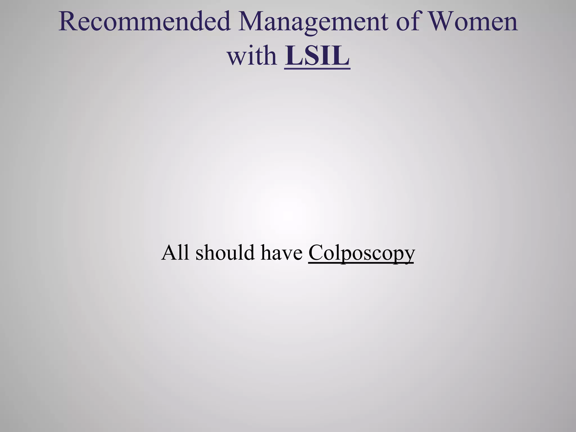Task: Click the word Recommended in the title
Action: click(x=145, y=22)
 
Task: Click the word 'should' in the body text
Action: click(x=225, y=252)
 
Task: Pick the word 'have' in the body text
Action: click(x=282, y=252)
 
